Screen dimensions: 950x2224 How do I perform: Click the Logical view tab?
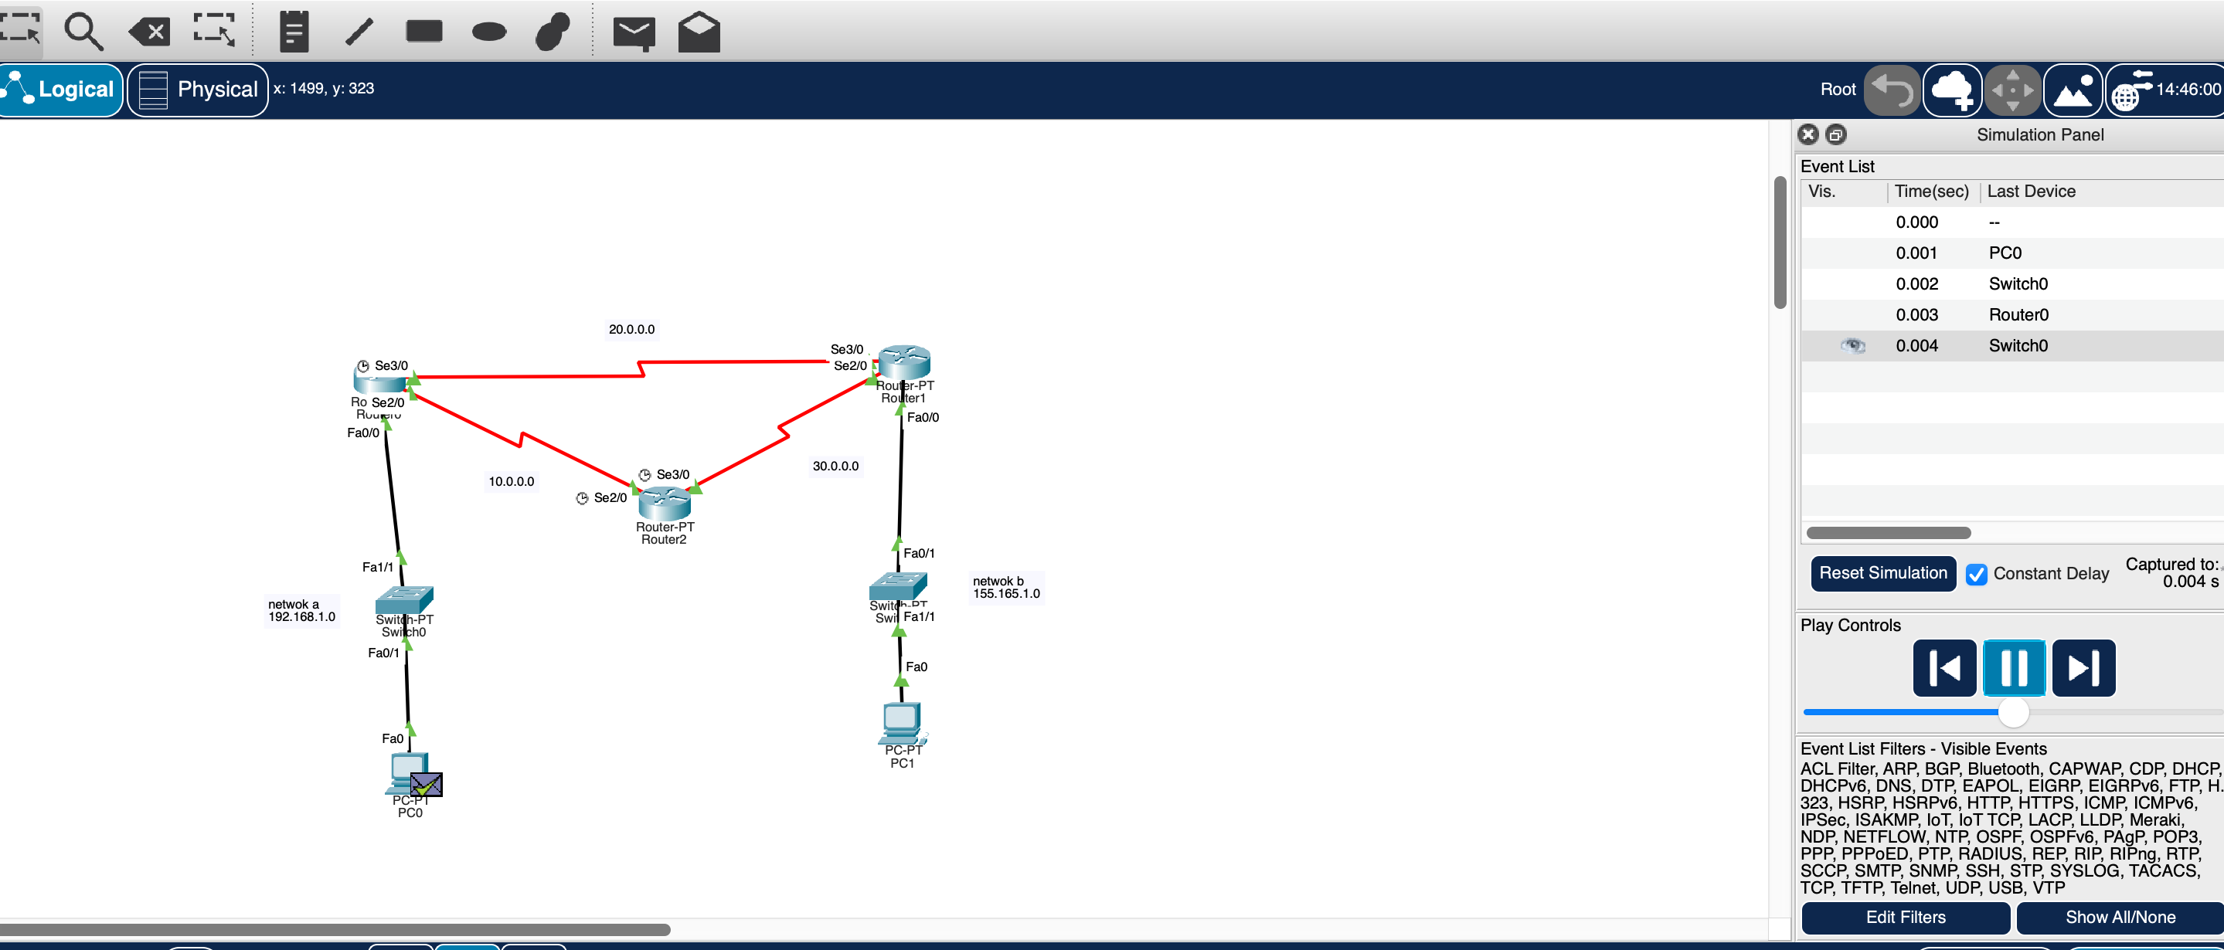click(60, 89)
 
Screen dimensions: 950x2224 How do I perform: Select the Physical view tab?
click(198, 89)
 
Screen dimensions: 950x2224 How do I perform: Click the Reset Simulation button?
click(1882, 573)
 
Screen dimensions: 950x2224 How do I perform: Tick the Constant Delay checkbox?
click(1975, 574)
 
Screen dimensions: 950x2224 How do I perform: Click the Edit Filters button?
click(1905, 918)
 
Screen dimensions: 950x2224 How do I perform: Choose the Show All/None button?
click(2119, 918)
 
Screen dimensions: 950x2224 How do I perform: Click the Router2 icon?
click(664, 502)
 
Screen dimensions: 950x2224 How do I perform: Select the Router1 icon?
click(904, 361)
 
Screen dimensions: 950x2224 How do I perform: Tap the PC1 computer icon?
click(901, 721)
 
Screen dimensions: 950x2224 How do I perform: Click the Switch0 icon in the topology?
click(404, 598)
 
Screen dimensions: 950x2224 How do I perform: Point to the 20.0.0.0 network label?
click(631, 329)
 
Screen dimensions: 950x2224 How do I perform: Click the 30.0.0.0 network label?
click(835, 466)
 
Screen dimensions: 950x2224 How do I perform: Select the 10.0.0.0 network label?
click(511, 481)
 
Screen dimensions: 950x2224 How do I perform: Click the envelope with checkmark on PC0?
click(426, 785)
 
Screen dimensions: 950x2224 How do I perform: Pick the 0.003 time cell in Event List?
click(1916, 315)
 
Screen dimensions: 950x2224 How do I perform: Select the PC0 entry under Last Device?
click(2005, 253)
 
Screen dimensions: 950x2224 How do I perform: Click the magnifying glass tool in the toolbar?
click(83, 32)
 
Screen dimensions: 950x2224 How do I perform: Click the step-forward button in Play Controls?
click(2083, 667)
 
